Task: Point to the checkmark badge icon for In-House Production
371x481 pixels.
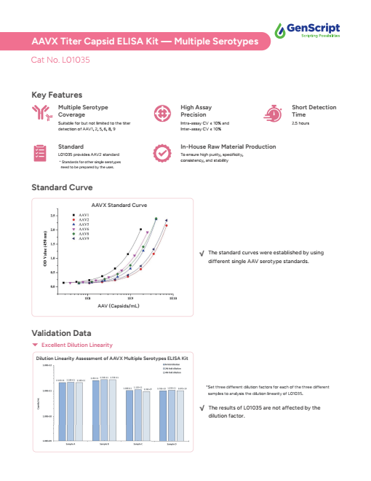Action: point(161,153)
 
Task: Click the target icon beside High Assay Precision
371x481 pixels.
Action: point(161,114)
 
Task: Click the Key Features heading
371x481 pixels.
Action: point(57,95)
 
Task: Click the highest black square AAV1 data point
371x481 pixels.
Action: point(140,229)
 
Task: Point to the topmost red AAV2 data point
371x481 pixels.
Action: point(166,226)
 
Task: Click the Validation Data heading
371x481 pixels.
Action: point(60,333)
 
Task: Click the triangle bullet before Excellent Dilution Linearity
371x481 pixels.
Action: point(35,344)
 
